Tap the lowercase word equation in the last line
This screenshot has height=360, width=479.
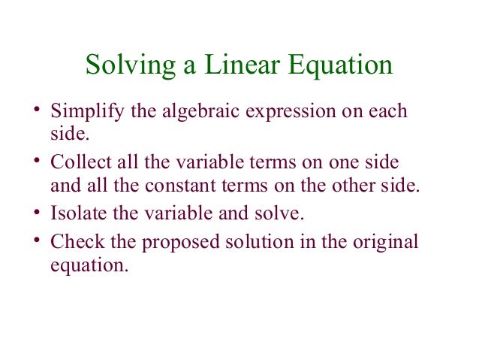(x=84, y=265)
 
